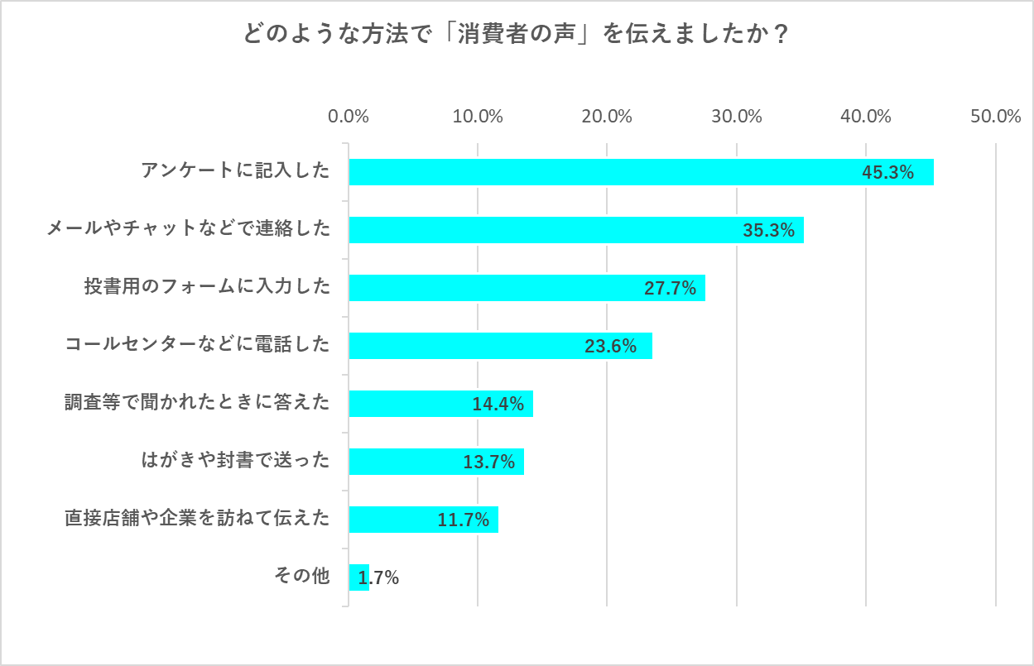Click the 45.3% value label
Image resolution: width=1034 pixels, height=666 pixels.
click(887, 173)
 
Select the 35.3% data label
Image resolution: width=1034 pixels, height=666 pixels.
click(768, 231)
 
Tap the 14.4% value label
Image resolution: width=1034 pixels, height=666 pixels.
click(498, 405)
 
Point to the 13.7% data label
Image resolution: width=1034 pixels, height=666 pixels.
click(489, 462)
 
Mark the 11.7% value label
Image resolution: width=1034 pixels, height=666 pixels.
click(463, 520)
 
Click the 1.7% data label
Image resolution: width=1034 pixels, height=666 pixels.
click(379, 578)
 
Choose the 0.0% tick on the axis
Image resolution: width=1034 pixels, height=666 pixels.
click(349, 117)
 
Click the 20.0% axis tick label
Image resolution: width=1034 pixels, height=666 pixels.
click(607, 117)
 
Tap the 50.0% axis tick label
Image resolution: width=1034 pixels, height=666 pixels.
click(996, 117)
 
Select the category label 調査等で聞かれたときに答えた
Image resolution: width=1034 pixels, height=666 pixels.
click(197, 403)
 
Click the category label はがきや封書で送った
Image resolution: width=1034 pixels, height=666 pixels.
click(236, 461)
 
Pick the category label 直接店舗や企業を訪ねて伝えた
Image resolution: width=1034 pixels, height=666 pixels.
click(197, 519)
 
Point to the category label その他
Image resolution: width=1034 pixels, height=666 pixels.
click(302, 577)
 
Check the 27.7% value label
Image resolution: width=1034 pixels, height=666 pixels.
click(670, 289)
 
